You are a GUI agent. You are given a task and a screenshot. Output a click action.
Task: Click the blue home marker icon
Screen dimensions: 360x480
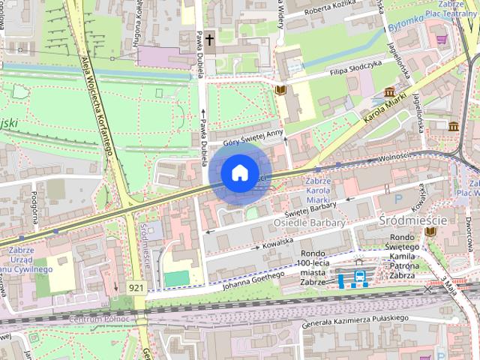pos(238,172)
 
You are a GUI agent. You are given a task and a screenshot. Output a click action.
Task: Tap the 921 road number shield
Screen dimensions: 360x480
pos(136,287)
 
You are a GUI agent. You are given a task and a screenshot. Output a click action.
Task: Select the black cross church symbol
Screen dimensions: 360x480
pos(209,38)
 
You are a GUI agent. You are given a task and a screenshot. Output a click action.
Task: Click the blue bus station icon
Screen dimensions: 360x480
pos(360,279)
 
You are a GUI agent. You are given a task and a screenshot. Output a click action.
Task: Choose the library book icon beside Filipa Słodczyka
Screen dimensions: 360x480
pos(281,91)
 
